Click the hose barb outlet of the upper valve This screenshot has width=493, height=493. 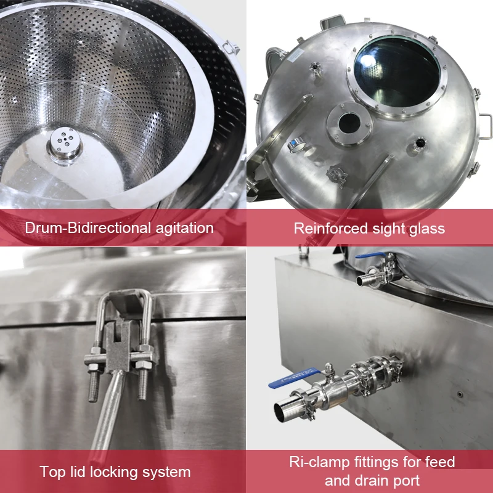364,280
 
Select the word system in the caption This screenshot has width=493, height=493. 168,473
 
